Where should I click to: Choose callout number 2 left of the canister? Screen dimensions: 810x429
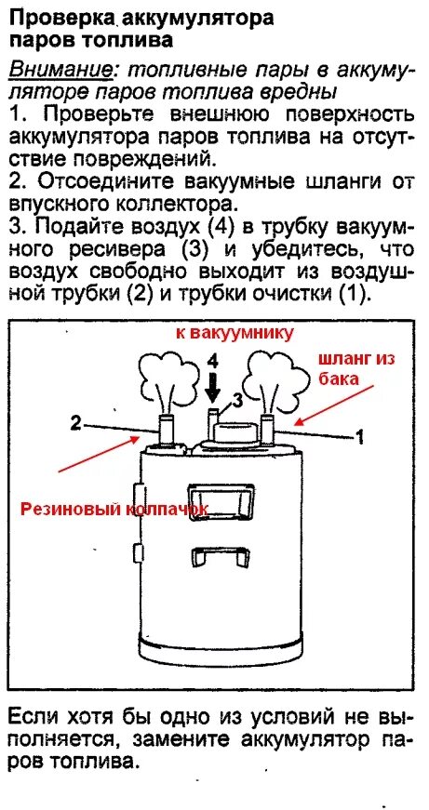pyautogui.click(x=74, y=422)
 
